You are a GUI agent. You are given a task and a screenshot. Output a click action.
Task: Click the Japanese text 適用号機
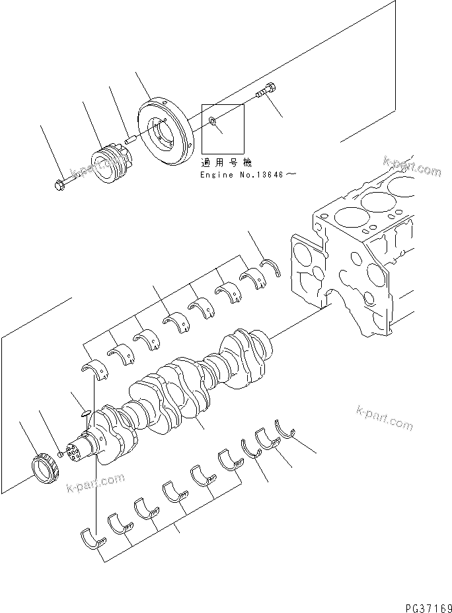pyautogui.click(x=227, y=162)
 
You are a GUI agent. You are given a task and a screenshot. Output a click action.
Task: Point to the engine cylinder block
pyautogui.click(x=370, y=251)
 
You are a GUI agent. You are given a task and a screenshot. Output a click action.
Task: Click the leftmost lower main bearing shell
pyautogui.click(x=93, y=538)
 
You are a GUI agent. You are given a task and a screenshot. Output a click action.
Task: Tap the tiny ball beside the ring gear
pyautogui.click(x=60, y=455)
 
